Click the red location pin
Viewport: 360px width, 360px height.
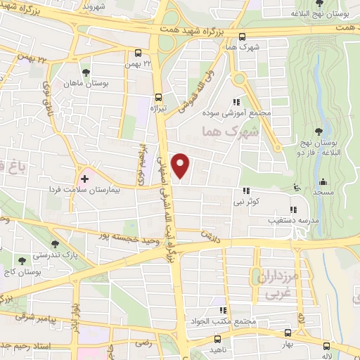181,165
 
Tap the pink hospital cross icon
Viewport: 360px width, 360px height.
84,179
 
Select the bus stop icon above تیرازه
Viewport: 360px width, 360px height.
158,98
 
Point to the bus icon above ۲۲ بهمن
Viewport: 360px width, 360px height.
139,53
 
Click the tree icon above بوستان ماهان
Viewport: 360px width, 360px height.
86,72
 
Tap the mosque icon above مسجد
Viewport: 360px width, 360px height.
323,181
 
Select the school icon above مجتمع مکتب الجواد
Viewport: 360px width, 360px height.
224,310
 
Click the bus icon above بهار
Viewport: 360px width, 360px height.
287,333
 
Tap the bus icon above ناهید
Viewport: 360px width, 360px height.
212,335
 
